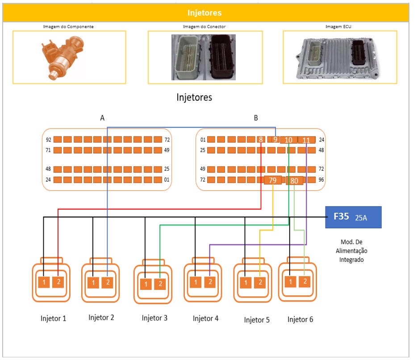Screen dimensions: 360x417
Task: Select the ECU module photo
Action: [340, 57]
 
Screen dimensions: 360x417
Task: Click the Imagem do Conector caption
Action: [204, 27]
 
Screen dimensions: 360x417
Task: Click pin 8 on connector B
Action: [261, 140]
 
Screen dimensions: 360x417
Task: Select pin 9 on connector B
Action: [275, 140]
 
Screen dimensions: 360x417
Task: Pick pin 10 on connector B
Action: [288, 140]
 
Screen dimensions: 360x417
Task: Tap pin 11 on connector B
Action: [306, 140]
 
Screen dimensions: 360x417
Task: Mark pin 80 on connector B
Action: [294, 181]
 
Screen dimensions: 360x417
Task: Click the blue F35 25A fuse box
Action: [353, 217]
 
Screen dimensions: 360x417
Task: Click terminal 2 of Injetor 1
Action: [58, 282]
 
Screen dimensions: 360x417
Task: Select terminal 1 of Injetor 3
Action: [146, 284]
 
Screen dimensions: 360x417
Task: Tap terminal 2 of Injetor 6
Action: [304, 281]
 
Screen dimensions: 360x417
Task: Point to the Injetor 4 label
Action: [205, 319]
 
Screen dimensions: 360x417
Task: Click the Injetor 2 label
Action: [101, 318]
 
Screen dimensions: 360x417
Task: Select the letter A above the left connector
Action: [102, 118]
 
